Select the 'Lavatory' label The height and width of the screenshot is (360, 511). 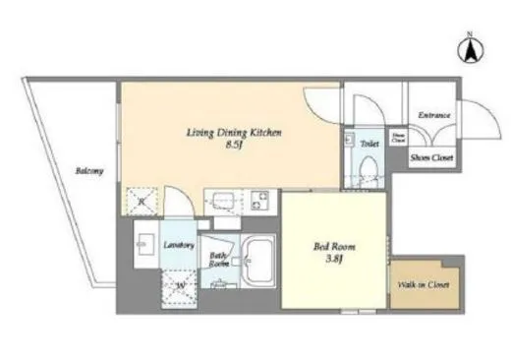(x=178, y=245)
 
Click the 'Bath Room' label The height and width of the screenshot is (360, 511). (x=218, y=261)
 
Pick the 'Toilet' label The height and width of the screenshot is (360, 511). (x=369, y=144)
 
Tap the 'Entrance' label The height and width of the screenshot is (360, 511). (x=433, y=116)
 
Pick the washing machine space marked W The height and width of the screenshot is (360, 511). (x=181, y=287)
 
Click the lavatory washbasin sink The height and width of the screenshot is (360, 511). (x=143, y=245)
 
